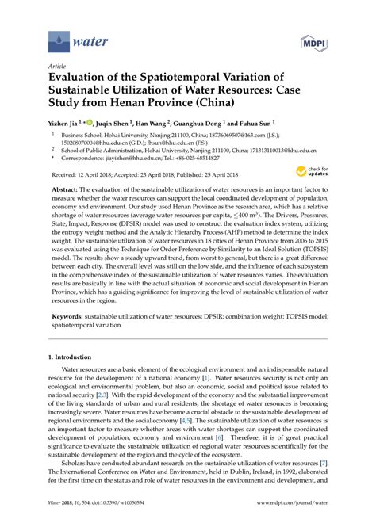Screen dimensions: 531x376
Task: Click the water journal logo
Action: tap(69, 37)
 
